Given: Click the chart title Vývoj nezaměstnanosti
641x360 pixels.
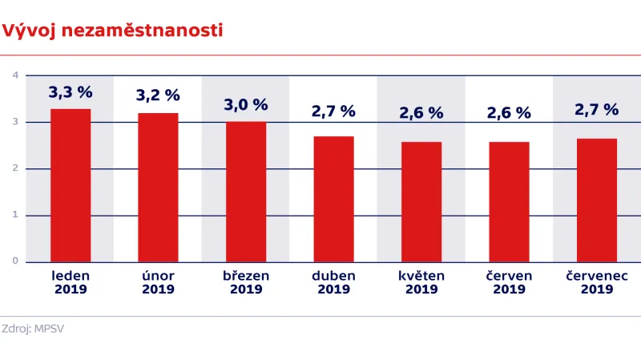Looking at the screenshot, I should tap(113, 31).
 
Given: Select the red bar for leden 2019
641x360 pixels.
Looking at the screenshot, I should tap(71, 185).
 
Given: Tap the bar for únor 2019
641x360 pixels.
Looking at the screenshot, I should tap(158, 188).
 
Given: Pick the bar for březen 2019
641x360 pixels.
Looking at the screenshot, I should tap(246, 192).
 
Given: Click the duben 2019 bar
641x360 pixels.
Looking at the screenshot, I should tap(333, 199).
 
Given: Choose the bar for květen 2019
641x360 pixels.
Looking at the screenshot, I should tap(421, 202).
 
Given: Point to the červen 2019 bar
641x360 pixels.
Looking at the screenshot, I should tap(509, 202).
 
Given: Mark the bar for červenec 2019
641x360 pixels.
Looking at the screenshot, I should tap(597, 200).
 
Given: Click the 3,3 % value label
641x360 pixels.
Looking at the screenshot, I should tap(71, 92).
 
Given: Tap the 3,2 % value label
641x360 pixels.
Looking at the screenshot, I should tap(158, 95).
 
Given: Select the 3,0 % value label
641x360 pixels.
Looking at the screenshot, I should tap(246, 104).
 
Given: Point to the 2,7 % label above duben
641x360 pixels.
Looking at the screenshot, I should tap(333, 111).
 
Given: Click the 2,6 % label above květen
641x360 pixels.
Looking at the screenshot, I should tap(421, 114).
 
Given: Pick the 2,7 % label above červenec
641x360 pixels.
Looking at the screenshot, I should tap(597, 109).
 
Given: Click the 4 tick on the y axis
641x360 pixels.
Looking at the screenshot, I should tap(15, 75).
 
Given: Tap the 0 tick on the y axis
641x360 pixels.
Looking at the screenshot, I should tap(15, 261).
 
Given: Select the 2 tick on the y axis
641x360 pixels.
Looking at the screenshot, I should tap(15, 168).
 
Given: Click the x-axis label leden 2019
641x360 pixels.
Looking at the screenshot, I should tap(71, 282).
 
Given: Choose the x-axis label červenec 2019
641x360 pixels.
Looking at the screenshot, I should tap(597, 282).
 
